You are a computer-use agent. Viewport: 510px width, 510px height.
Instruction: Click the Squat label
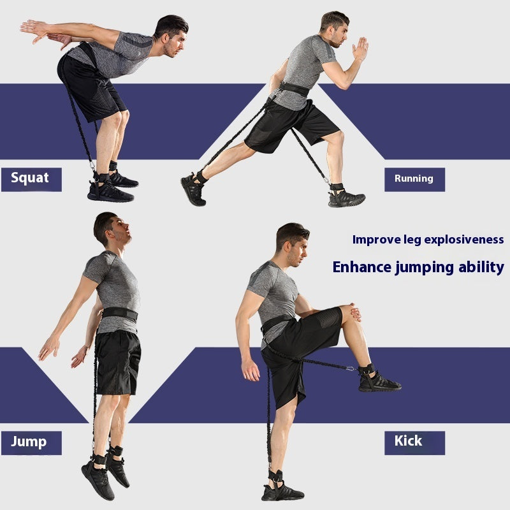[x=31, y=178]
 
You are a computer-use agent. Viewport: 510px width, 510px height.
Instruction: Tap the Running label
[x=414, y=179]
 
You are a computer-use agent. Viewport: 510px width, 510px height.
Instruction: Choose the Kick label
[x=408, y=441]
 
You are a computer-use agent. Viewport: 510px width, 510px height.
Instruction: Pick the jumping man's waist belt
[x=120, y=314]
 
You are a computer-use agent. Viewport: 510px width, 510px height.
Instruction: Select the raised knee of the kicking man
[x=349, y=312]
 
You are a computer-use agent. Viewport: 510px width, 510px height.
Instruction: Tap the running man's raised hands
[x=361, y=48]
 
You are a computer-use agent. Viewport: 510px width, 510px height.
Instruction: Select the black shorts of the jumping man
[x=119, y=361]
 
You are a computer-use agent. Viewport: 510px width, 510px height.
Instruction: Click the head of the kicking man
[x=292, y=244]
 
